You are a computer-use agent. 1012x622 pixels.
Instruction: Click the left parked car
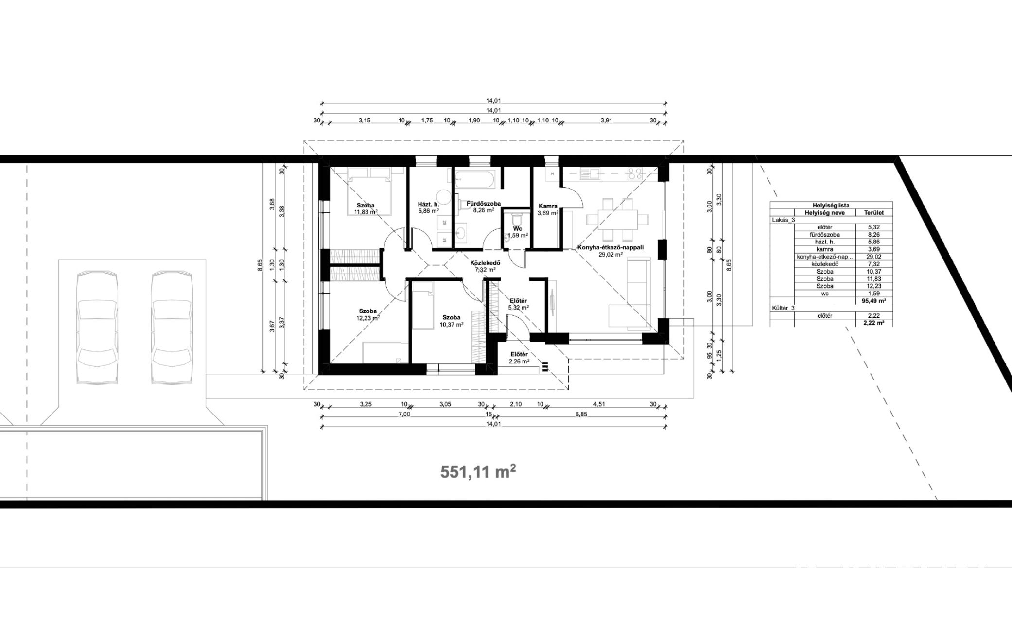(x=97, y=328)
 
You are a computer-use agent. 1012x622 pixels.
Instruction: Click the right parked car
(x=172, y=328)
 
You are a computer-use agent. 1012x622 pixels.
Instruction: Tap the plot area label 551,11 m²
(x=478, y=472)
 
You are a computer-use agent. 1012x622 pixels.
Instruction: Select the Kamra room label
(x=548, y=206)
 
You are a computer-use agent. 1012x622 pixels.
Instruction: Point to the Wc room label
(x=518, y=228)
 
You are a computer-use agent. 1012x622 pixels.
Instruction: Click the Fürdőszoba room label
(x=484, y=204)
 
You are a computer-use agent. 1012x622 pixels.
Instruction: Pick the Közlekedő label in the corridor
(x=485, y=263)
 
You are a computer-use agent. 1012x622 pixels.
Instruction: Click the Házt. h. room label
(x=429, y=205)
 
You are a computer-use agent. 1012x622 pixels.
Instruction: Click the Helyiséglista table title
(x=831, y=206)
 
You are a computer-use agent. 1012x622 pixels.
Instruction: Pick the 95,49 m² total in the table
(x=873, y=301)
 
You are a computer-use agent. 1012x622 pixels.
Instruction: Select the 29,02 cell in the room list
(x=873, y=257)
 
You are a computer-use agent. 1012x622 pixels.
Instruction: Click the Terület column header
(x=873, y=213)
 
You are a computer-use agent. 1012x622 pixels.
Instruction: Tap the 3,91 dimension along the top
(x=606, y=121)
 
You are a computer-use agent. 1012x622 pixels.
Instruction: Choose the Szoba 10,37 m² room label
(x=452, y=321)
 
